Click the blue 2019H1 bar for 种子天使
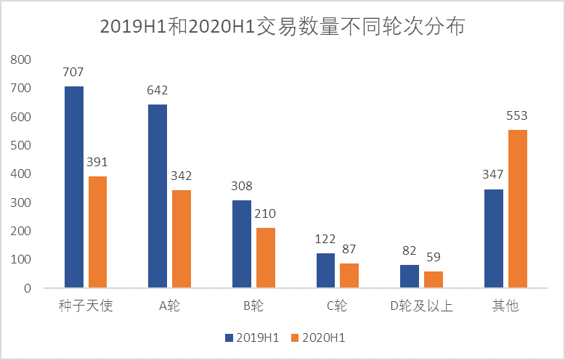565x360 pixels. [x=74, y=187]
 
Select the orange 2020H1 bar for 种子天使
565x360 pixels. [x=97, y=232]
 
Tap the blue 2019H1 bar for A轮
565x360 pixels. [x=158, y=196]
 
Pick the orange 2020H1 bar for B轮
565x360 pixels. [x=265, y=258]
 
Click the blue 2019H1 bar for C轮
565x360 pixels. [x=326, y=271]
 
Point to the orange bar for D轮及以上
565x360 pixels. [x=434, y=279]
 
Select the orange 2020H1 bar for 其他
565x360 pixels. [x=518, y=209]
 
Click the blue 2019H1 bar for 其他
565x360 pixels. [x=494, y=239]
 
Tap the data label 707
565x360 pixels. [x=74, y=72]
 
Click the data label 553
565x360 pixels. [x=517, y=115]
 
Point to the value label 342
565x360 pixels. [x=181, y=176]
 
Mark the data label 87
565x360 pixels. [x=349, y=249]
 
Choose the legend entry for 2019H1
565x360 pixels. [x=252, y=337]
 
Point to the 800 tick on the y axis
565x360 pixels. [x=23, y=60]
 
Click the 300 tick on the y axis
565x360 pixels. [x=23, y=202]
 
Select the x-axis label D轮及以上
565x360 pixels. [x=421, y=306]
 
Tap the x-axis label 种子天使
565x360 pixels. [x=86, y=306]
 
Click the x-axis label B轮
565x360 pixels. [x=253, y=306]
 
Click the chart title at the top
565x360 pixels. [x=282, y=27]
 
